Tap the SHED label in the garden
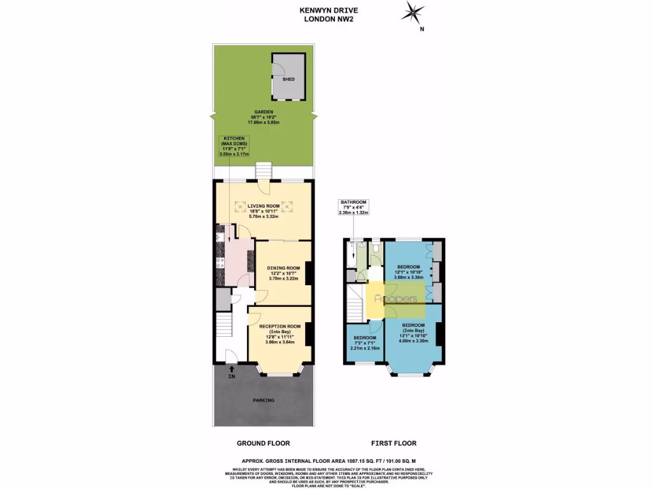point(288,79)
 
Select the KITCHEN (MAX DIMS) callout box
point(234,146)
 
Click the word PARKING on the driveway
point(264,400)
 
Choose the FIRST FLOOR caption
point(393,443)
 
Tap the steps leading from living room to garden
point(262,171)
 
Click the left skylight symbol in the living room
point(240,206)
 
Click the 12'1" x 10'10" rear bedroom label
point(408,272)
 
